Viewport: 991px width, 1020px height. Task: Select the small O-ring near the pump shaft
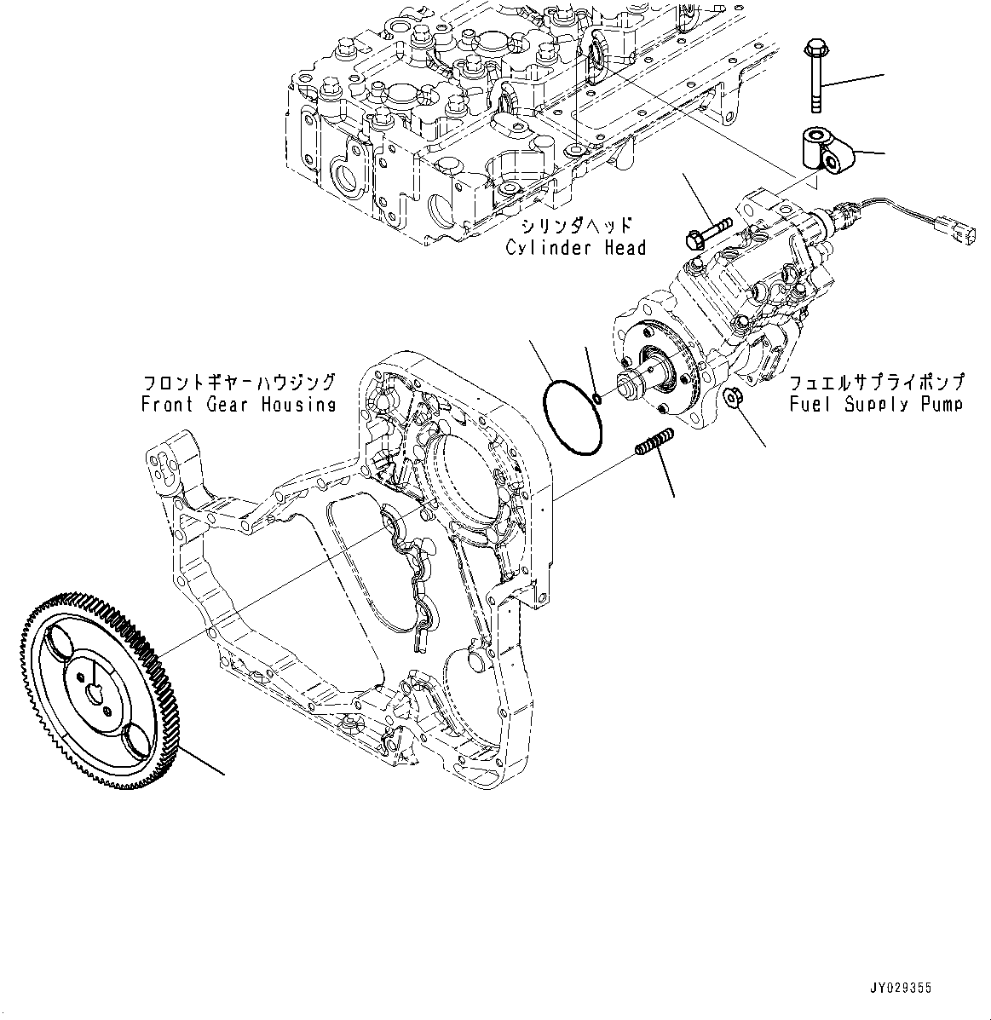click(598, 399)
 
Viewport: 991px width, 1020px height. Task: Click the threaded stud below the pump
click(654, 445)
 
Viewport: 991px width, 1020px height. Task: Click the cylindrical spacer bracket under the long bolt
click(822, 150)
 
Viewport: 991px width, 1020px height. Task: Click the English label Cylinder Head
click(575, 248)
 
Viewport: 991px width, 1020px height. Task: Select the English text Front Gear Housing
click(239, 405)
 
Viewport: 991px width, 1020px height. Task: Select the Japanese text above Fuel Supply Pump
click(877, 381)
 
